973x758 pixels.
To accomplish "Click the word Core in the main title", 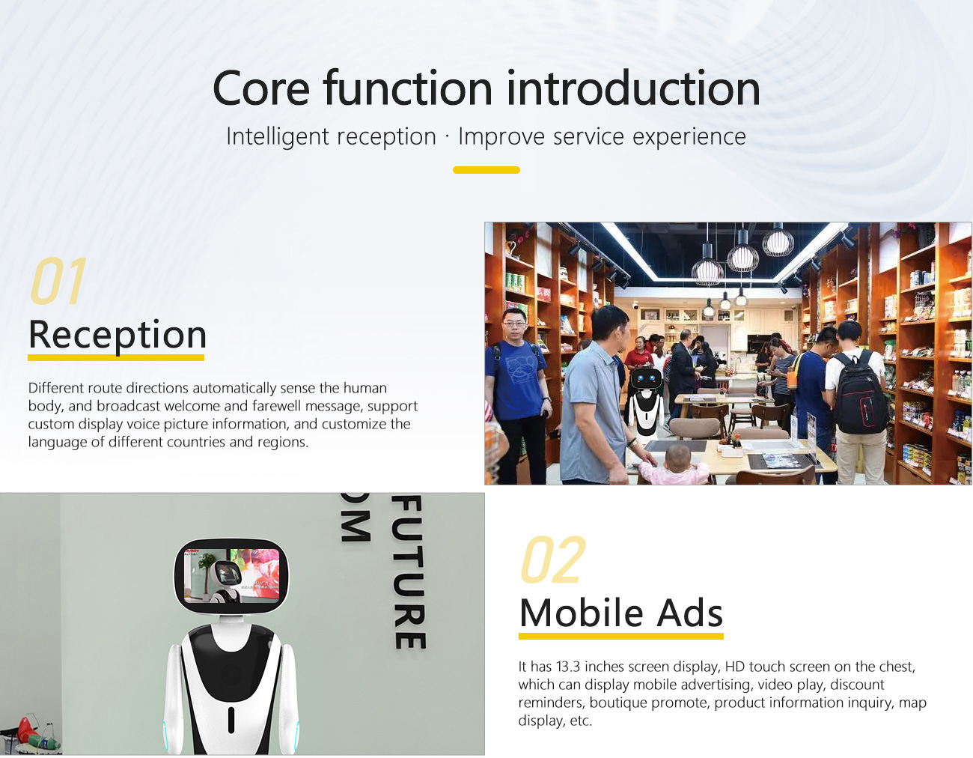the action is pyautogui.click(x=261, y=88).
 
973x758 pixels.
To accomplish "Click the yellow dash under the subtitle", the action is pyautogui.click(x=487, y=170).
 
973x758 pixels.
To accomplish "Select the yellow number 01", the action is pyautogui.click(x=58, y=280).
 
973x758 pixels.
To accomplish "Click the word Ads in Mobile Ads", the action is pyautogui.click(x=690, y=613).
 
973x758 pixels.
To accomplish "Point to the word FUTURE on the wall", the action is pyautogui.click(x=409, y=571).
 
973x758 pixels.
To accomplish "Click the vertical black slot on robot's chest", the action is pyautogui.click(x=231, y=720).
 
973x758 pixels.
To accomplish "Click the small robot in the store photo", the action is pyautogui.click(x=645, y=401).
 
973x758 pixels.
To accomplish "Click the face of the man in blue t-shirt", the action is pyautogui.click(x=514, y=324).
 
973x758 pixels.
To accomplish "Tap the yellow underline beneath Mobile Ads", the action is pyautogui.click(x=621, y=636).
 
